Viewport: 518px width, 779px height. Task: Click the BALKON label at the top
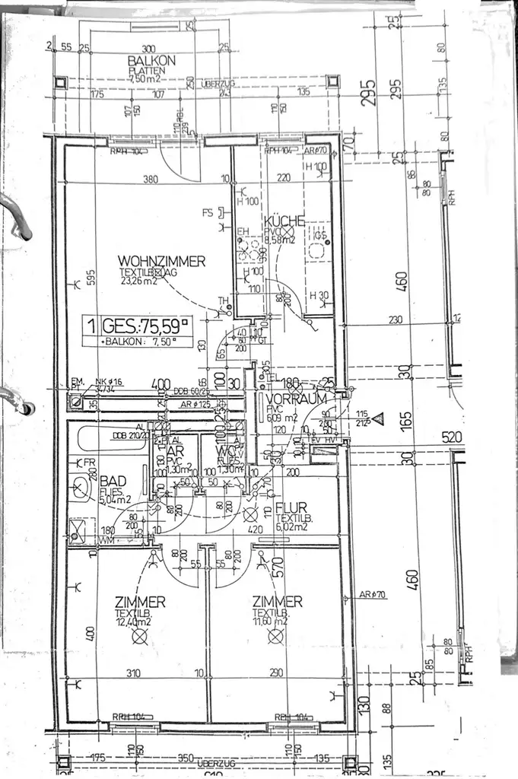click(x=151, y=60)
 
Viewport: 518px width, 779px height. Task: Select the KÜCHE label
click(x=285, y=221)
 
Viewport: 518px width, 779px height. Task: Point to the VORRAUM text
click(x=302, y=399)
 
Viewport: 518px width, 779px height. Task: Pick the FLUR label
click(x=291, y=507)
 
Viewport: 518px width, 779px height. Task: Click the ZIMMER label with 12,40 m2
click(x=140, y=602)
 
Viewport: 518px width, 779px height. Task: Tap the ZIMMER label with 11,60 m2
click(x=278, y=602)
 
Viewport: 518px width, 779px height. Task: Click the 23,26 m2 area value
click(x=137, y=280)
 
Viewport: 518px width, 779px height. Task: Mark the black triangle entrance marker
click(x=378, y=418)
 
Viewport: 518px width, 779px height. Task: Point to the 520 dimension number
click(x=453, y=439)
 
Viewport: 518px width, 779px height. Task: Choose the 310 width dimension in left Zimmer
click(x=133, y=673)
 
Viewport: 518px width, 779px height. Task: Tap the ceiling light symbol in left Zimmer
click(x=139, y=637)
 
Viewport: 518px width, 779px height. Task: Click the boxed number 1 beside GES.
click(x=91, y=327)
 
